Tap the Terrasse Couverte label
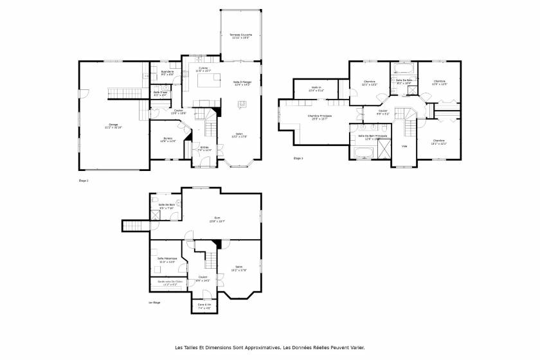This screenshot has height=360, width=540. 241,36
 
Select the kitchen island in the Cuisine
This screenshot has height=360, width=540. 207,82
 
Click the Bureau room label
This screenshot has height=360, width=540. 168,139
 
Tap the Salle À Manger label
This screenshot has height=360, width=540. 242,83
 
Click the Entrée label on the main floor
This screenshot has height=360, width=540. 204,148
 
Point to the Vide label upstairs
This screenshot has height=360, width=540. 404,146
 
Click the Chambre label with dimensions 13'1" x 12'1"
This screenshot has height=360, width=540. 439,141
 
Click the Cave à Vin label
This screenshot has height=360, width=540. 204,305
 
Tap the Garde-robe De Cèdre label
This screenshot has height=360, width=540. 170,282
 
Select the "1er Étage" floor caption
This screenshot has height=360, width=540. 154,302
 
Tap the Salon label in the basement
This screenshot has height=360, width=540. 239,268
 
